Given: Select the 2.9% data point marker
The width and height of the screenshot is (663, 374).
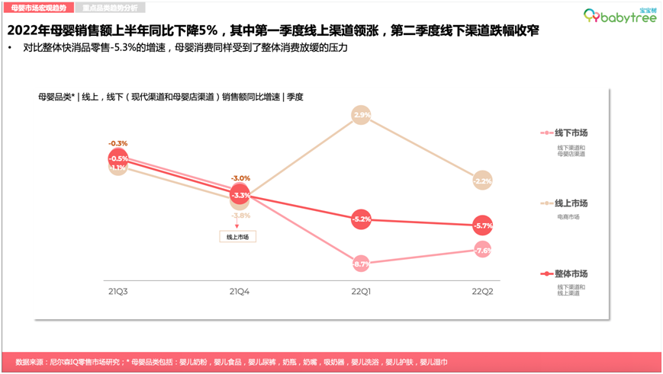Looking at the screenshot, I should click(x=362, y=115).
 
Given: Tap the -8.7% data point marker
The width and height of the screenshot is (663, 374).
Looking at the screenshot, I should click(x=362, y=264).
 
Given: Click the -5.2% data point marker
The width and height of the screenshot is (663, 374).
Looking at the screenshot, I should click(x=362, y=219).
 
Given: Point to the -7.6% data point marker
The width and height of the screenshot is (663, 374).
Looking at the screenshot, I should click(x=482, y=251).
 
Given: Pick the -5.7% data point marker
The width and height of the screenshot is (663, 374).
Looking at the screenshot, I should click(x=482, y=225).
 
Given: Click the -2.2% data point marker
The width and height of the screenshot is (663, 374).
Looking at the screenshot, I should click(x=482, y=181).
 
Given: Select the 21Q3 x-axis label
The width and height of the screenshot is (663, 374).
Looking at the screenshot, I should click(x=117, y=292).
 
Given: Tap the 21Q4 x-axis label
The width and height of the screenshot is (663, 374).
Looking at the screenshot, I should click(x=240, y=292).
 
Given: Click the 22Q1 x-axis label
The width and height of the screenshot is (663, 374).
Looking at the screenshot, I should click(x=362, y=292).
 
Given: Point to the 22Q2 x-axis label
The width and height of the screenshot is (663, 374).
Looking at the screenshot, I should click(x=482, y=292).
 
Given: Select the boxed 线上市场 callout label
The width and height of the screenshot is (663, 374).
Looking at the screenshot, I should click(x=238, y=237).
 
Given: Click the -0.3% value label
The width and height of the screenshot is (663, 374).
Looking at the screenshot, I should click(x=118, y=143).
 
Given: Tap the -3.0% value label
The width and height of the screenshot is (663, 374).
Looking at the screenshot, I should click(x=240, y=178).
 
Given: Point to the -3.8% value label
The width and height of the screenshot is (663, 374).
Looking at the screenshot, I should click(x=240, y=216).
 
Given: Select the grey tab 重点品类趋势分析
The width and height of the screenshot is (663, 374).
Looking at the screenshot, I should click(x=111, y=7).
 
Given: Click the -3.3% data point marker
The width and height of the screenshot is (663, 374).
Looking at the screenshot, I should click(x=240, y=195).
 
